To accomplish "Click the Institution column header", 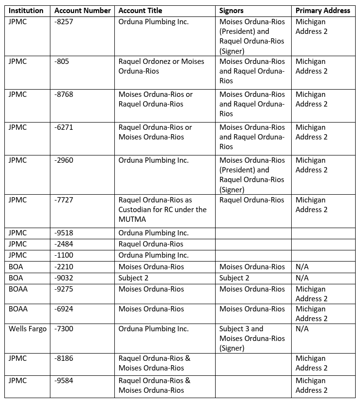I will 26,10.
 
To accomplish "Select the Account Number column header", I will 82,10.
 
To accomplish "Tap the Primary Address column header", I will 323,10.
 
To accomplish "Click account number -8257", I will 64,22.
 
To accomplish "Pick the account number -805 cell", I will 62,62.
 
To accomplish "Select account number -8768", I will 64,94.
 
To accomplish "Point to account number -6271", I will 64,127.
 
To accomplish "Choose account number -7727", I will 64,200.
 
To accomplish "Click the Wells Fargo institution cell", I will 28,329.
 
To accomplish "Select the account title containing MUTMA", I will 162,210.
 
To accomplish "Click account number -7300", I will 64,329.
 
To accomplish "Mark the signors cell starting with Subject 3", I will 252,338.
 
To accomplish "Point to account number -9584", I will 64,381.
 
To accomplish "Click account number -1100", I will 64,255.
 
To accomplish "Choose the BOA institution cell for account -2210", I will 16,267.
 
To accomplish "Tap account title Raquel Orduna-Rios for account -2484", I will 151,244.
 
